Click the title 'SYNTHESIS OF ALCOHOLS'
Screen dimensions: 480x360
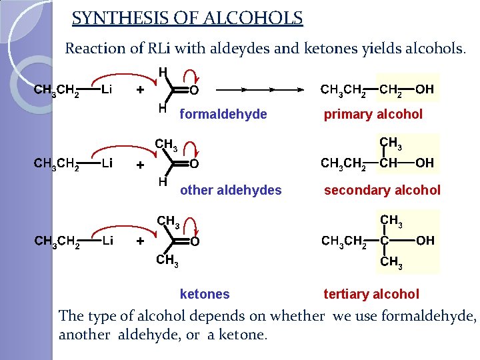(187, 18)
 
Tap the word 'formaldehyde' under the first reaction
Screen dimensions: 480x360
(223, 115)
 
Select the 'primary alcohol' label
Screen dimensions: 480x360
(373, 115)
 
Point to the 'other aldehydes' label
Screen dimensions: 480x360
(231, 191)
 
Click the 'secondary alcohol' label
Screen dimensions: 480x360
(382, 191)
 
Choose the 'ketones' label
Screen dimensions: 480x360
(205, 294)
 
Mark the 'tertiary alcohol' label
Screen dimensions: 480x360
(371, 294)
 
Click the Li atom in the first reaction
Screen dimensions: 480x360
(107, 89)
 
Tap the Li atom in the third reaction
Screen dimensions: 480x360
(107, 241)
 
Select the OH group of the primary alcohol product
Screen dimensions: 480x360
(424, 89)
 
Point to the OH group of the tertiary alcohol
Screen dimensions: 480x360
(425, 241)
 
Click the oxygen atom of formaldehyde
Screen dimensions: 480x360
(194, 90)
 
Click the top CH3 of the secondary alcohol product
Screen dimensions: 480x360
(390, 142)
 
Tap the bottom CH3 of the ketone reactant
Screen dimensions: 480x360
(167, 261)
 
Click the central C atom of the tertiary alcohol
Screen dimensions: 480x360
(385, 241)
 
